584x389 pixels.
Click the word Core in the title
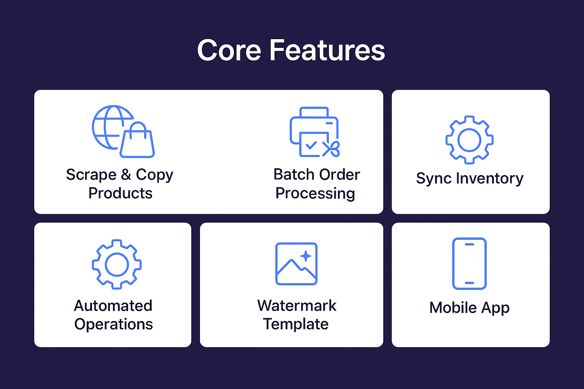[229, 50]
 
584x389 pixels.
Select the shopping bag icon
[138, 141]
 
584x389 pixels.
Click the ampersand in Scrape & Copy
[126, 174]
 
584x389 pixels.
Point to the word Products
[120, 193]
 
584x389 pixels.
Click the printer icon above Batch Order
[314, 131]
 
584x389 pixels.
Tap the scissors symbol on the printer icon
[331, 149]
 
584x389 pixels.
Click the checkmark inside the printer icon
[311, 145]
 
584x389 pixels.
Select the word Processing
[315, 193]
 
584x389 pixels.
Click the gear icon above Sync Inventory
[470, 140]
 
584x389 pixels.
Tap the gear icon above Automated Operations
[117, 264]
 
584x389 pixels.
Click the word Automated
[113, 306]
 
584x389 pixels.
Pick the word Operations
[114, 324]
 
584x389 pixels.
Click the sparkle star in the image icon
[306, 256]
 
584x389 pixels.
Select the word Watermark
[297, 306]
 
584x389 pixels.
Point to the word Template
[296, 324]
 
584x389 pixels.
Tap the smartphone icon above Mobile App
[469, 264]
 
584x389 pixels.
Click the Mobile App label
[469, 308]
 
